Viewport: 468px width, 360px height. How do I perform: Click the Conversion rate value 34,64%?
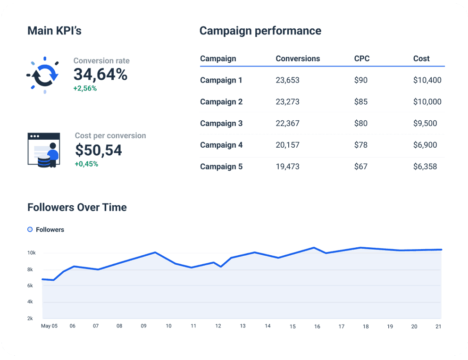click(x=100, y=75)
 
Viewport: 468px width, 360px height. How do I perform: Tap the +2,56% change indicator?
click(x=85, y=88)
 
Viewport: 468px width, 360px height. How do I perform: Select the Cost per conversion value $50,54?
click(x=99, y=150)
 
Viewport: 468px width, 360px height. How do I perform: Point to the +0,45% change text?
click(x=86, y=164)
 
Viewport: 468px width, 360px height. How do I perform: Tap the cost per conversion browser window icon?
click(x=44, y=150)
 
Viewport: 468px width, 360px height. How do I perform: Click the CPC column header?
click(x=362, y=59)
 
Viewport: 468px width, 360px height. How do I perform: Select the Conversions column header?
click(x=298, y=59)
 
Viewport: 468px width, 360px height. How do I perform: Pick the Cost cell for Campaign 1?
click(x=427, y=80)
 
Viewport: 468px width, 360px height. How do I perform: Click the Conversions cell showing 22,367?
click(x=287, y=124)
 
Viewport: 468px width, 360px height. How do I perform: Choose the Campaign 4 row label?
click(x=221, y=145)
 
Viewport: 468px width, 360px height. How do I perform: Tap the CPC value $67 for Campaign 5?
click(x=360, y=167)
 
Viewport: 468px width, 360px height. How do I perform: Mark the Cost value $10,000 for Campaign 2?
click(x=427, y=102)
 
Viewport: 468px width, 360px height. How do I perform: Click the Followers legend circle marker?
click(x=30, y=230)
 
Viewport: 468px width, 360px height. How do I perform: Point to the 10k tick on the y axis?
click(x=31, y=253)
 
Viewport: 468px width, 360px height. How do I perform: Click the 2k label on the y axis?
click(x=30, y=318)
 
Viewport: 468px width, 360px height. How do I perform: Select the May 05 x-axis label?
click(x=49, y=326)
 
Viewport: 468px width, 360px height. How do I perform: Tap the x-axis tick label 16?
click(x=317, y=327)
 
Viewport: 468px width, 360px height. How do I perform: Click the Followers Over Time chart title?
click(x=77, y=207)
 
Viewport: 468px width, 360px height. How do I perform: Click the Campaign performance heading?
click(x=260, y=31)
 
